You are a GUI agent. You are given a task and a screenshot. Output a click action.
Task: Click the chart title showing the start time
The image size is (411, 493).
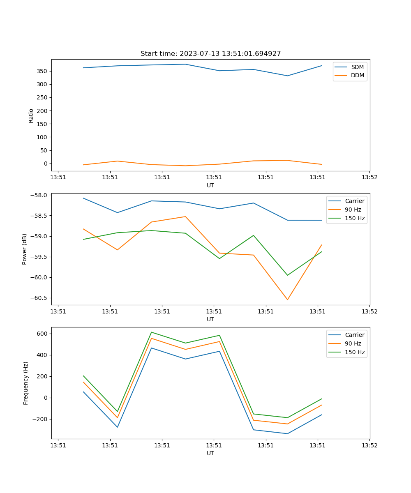(x=210, y=54)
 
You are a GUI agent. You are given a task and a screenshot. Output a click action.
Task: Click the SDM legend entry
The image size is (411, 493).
(x=357, y=67)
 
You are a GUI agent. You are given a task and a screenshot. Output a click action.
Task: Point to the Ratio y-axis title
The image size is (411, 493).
(x=31, y=115)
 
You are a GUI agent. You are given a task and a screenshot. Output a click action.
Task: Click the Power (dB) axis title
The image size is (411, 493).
(x=25, y=249)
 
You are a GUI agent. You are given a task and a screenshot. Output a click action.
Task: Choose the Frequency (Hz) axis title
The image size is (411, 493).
(x=26, y=383)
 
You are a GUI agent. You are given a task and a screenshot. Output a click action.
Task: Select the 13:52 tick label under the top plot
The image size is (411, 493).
(x=369, y=177)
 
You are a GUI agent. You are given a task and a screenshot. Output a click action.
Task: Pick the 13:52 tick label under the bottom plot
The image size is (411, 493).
(x=369, y=445)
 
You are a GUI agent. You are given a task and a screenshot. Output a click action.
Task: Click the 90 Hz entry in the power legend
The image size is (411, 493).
(x=353, y=210)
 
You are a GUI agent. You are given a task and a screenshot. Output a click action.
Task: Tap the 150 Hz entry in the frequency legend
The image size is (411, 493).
(x=355, y=352)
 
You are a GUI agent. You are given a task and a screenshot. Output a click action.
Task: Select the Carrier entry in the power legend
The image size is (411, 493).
(x=354, y=201)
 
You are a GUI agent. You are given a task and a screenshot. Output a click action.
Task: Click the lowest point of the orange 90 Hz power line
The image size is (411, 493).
(x=287, y=299)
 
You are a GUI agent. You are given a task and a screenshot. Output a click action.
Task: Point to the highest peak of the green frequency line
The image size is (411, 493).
(x=152, y=332)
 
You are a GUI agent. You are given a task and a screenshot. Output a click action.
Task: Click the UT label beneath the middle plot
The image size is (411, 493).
(x=210, y=319)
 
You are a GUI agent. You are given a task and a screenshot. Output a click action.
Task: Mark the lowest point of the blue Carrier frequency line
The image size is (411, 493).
(x=287, y=433)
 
